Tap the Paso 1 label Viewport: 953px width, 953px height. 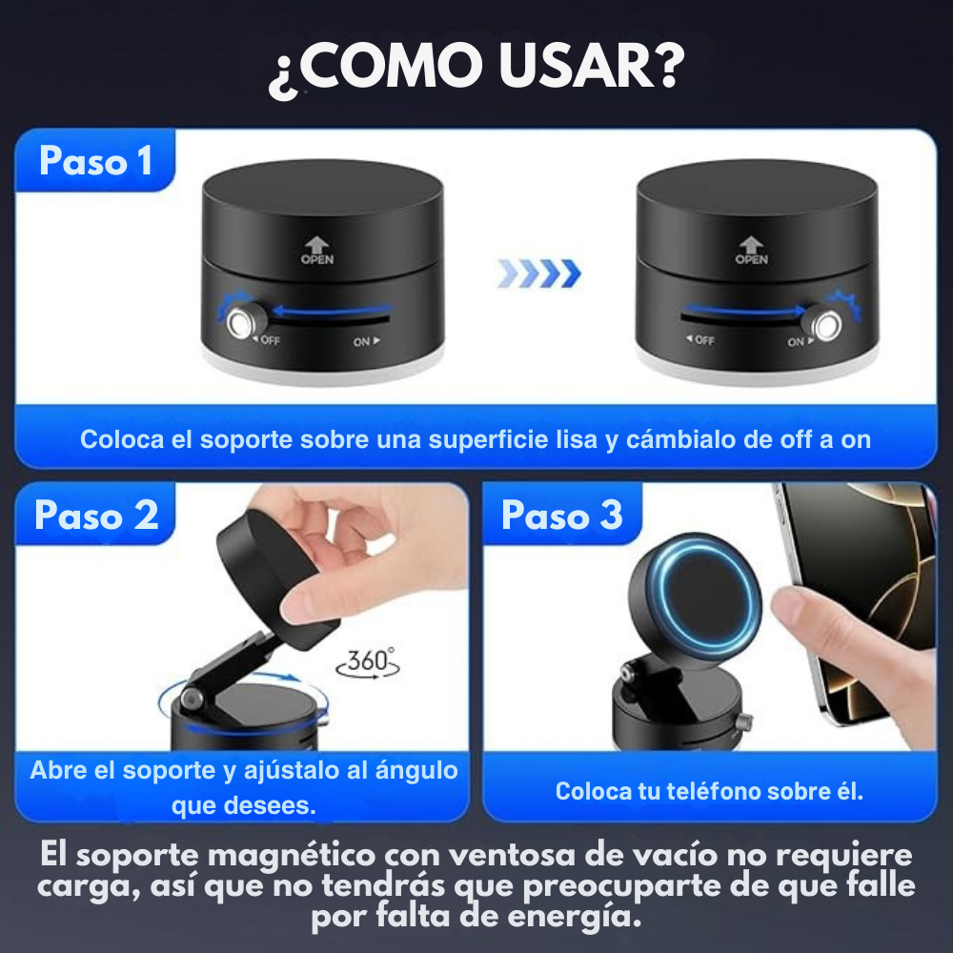click(x=95, y=161)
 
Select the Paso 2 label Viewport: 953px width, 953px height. click(x=96, y=515)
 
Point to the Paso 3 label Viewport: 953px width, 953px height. click(x=562, y=515)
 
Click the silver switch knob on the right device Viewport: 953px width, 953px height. click(x=826, y=326)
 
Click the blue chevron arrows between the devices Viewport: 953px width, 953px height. click(x=539, y=274)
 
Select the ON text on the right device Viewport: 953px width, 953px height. click(x=796, y=342)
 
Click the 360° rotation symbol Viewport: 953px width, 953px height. click(x=368, y=662)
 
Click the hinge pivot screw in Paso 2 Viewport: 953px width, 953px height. click(x=193, y=700)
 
